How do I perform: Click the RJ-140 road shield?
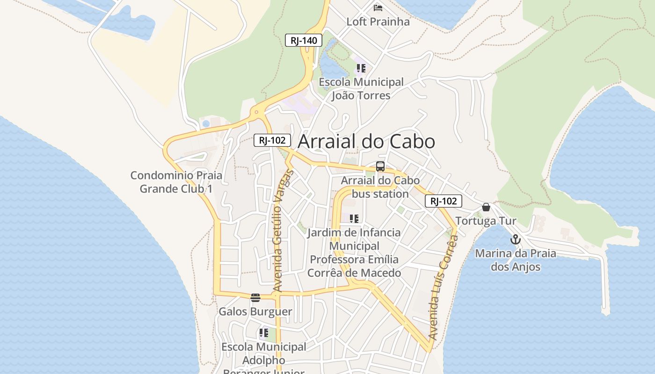click(x=304, y=40)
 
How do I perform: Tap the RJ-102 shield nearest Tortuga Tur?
click(x=443, y=201)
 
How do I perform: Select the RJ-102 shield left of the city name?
click(x=272, y=140)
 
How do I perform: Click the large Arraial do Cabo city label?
click(x=366, y=142)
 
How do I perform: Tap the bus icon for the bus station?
click(x=380, y=166)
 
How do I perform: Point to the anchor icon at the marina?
click(x=515, y=240)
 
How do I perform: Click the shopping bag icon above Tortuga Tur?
click(x=486, y=207)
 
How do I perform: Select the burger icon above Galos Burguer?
click(x=255, y=298)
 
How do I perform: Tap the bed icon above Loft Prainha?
click(x=378, y=8)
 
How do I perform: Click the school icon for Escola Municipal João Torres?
click(x=361, y=68)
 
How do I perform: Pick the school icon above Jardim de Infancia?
click(x=354, y=218)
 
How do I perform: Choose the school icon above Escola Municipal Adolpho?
click(x=263, y=333)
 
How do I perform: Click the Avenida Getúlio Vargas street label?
click(x=283, y=231)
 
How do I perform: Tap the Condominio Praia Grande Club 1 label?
click(x=176, y=182)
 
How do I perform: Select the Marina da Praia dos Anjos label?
click(x=516, y=260)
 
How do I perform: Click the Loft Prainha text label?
click(x=378, y=22)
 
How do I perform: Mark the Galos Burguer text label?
click(x=255, y=311)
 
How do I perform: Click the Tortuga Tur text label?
click(x=486, y=221)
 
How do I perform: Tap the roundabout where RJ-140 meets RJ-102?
click(x=256, y=112)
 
